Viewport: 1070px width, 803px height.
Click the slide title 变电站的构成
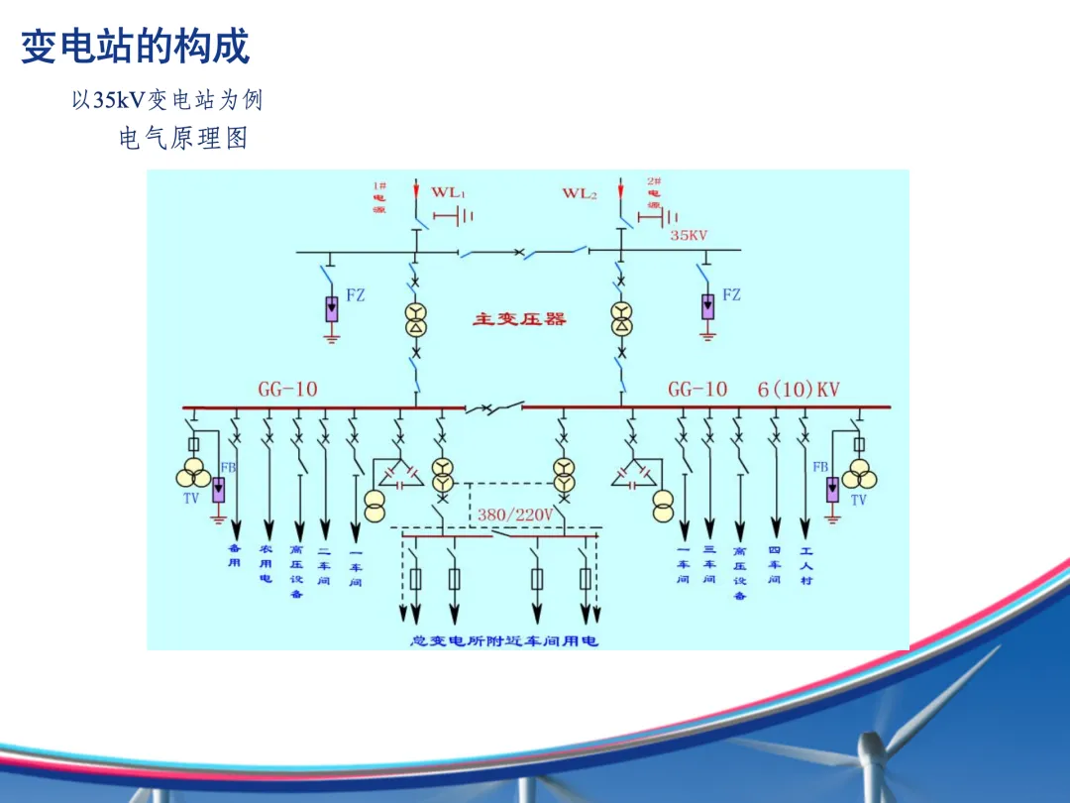pyautogui.click(x=135, y=47)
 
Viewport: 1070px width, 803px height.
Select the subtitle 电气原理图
pyautogui.click(x=183, y=139)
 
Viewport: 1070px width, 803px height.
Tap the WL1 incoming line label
pyautogui.click(x=447, y=192)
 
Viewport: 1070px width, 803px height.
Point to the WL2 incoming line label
pyautogui.click(x=580, y=193)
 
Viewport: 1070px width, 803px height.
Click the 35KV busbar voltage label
pyautogui.click(x=690, y=236)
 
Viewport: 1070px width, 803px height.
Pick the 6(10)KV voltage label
pyautogui.click(x=799, y=390)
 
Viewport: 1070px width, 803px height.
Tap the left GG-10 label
pyautogui.click(x=287, y=390)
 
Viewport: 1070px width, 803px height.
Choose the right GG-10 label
pyautogui.click(x=697, y=390)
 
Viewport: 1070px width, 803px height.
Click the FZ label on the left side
pyautogui.click(x=355, y=294)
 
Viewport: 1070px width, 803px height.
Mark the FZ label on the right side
pyautogui.click(x=731, y=294)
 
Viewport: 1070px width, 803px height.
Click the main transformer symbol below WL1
pyautogui.click(x=417, y=319)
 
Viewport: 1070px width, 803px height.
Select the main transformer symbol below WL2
pyautogui.click(x=621, y=319)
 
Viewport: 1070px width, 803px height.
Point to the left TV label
pyautogui.click(x=191, y=499)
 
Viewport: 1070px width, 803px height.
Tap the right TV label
pyautogui.click(x=858, y=501)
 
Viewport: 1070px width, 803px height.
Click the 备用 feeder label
pyautogui.click(x=235, y=555)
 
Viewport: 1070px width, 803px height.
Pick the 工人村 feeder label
pyautogui.click(x=805, y=565)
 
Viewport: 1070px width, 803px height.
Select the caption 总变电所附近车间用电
pyautogui.click(x=504, y=641)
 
